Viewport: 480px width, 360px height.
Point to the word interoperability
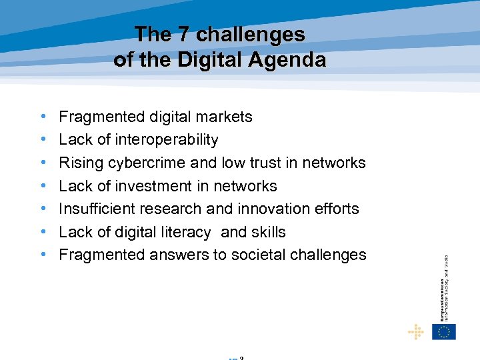(x=166, y=140)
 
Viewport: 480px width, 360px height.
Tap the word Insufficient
(x=95, y=209)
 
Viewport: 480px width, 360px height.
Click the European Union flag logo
(x=444, y=331)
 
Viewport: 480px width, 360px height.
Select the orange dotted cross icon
(x=415, y=331)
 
